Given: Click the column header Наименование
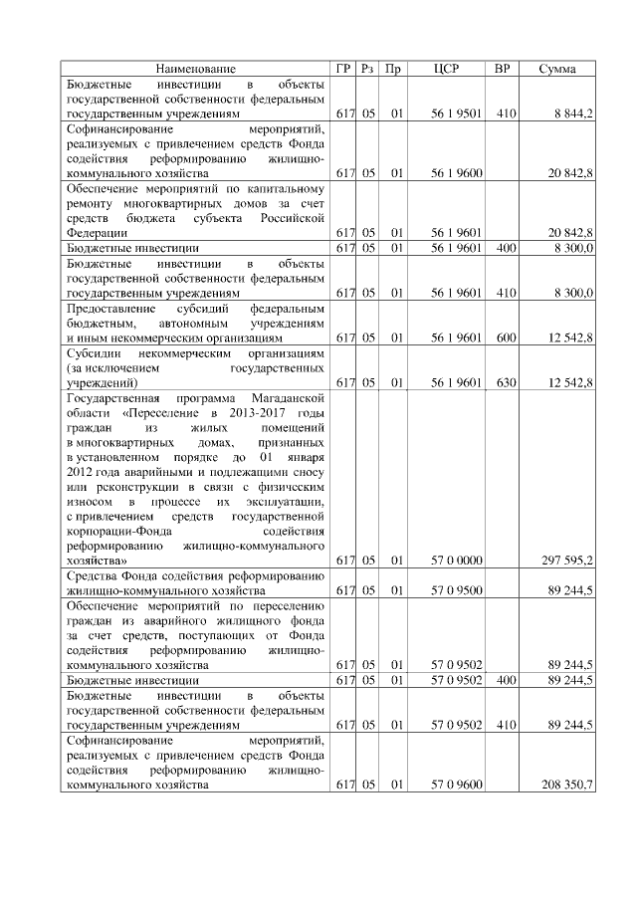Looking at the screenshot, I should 195,69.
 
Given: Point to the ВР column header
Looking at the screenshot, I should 503,69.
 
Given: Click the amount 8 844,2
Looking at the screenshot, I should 572,114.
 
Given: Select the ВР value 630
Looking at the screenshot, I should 505,382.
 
